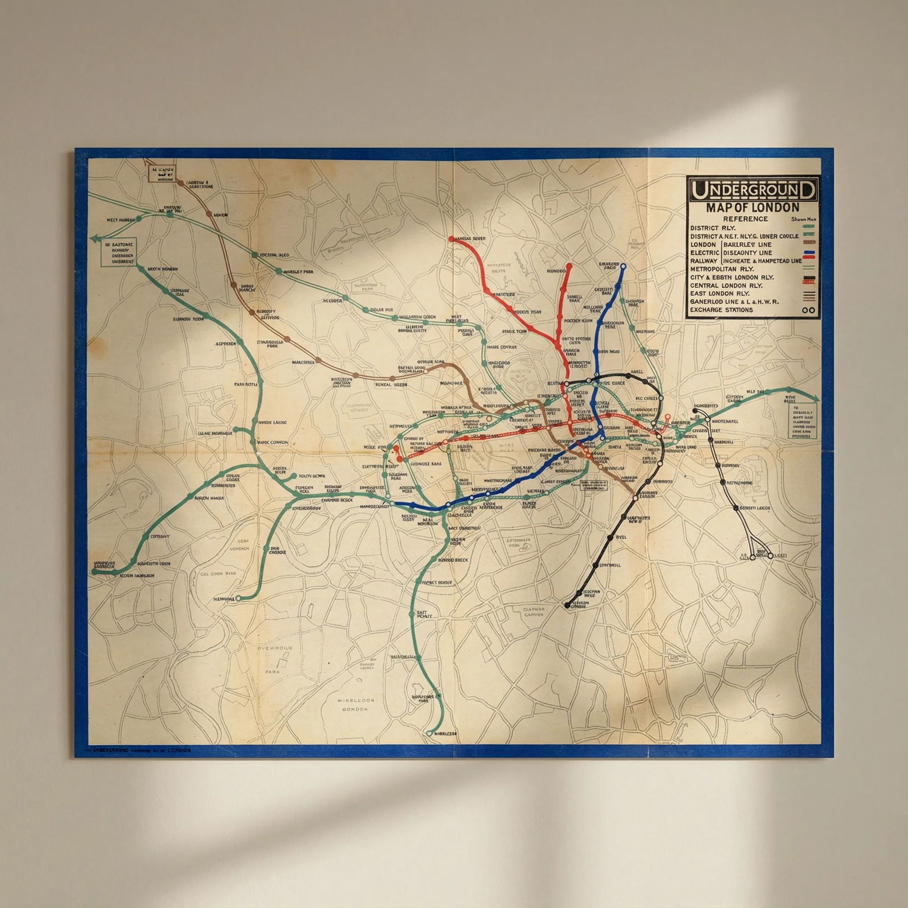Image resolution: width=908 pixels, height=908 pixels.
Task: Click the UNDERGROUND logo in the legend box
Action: [x=753, y=189]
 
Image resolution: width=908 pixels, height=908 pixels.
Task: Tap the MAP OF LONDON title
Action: [x=753, y=208]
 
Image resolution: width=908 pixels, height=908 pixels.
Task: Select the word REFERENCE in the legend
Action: [x=745, y=219]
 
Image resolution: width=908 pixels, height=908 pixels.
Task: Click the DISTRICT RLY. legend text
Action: [x=713, y=228]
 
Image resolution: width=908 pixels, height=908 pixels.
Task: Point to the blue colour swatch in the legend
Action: [x=810, y=253]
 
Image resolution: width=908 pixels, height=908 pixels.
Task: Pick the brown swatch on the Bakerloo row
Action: [x=810, y=242]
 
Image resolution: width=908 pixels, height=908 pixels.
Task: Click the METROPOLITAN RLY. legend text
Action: [x=722, y=269]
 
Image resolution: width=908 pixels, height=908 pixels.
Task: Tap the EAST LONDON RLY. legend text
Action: [x=720, y=293]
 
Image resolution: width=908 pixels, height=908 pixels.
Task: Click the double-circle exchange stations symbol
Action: [x=809, y=310]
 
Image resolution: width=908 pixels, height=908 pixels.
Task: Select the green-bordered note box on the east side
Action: [x=801, y=421]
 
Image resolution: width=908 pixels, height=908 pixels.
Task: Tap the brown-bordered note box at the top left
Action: [x=162, y=173]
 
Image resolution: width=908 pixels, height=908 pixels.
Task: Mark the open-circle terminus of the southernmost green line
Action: [x=429, y=733]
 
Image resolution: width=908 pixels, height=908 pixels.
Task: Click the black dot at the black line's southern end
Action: [x=567, y=606]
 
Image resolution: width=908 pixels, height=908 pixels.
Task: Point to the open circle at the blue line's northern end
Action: [x=623, y=266]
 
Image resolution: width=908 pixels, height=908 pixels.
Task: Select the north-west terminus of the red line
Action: [x=452, y=239]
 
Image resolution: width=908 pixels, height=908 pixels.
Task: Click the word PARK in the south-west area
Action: [x=272, y=672]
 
